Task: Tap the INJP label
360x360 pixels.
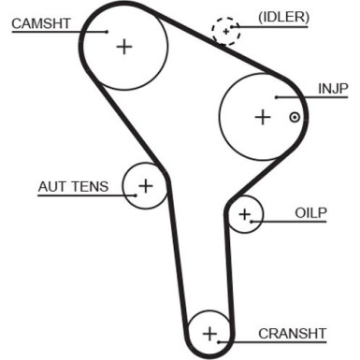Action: pos(332,89)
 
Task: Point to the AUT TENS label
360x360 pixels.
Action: pos(73,186)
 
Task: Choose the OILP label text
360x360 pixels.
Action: pos(310,213)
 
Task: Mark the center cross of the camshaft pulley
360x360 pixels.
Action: pos(124,46)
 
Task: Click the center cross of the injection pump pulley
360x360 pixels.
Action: pos(262,117)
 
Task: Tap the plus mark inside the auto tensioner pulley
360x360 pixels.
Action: pos(145,186)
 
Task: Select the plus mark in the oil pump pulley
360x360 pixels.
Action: pos(245,216)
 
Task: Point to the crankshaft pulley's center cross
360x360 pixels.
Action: pos(209,333)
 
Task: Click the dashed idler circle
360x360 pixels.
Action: pos(226,32)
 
